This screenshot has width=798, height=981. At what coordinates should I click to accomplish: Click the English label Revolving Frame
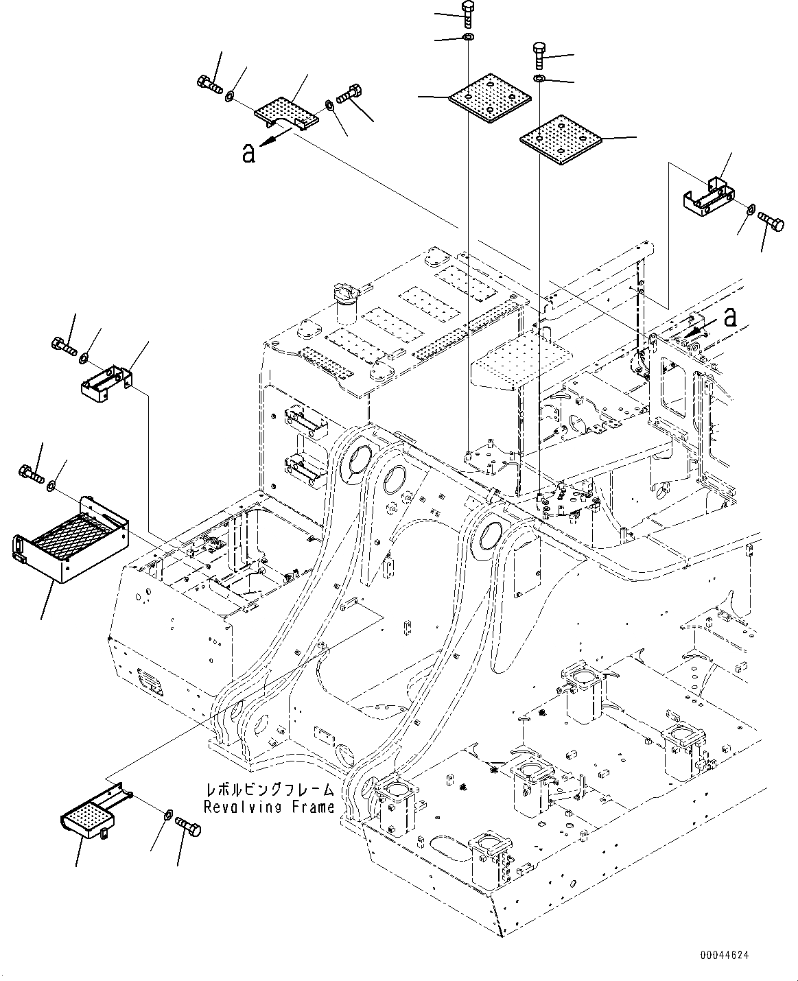[268, 807]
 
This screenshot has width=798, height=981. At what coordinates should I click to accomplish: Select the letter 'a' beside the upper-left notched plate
[248, 153]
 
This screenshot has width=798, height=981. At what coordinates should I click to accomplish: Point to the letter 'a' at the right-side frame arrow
[731, 317]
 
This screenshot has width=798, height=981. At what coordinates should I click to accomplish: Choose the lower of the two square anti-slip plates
[559, 140]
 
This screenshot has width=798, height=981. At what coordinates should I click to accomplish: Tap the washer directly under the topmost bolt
[467, 36]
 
